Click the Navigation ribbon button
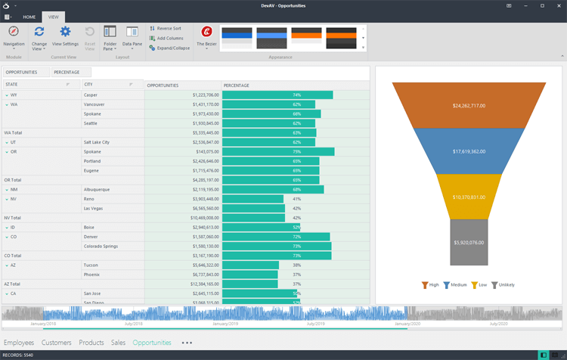tap(14, 36)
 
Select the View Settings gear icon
tap(65, 36)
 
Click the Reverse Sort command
tap(169, 28)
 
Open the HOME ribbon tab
tap(29, 16)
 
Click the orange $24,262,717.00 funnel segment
tap(468, 105)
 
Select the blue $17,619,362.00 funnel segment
tap(468, 151)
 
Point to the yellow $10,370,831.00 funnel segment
tap(468, 197)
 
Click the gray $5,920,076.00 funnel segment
tap(468, 242)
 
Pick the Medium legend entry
tap(455, 285)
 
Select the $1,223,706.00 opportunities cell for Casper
tap(183, 95)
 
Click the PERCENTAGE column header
tap(237, 85)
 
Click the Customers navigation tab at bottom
tap(57, 343)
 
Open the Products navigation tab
tap(91, 343)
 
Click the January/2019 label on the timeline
tap(227, 324)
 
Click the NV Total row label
tap(13, 218)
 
